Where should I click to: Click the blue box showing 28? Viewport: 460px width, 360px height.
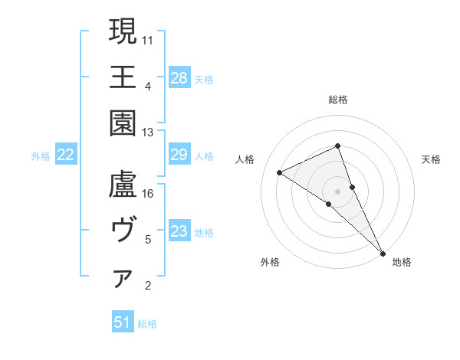click(179, 77)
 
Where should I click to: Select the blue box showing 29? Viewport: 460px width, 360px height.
click(179, 155)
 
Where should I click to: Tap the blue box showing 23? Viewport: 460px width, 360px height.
click(179, 232)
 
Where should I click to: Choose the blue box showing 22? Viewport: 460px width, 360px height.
click(66, 155)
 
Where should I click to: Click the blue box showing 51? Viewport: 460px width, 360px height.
click(123, 322)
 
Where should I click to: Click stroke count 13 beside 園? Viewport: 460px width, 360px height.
click(148, 132)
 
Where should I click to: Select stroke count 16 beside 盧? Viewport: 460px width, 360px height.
click(148, 194)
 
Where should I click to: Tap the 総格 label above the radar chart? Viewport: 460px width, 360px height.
click(338, 100)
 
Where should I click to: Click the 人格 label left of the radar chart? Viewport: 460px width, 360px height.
click(245, 159)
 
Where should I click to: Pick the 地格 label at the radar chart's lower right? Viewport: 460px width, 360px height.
click(402, 262)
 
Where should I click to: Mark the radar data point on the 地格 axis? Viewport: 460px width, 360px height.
click(382, 252)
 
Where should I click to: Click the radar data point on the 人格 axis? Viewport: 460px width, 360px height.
click(280, 172)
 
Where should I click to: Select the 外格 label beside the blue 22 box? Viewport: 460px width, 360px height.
click(41, 156)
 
